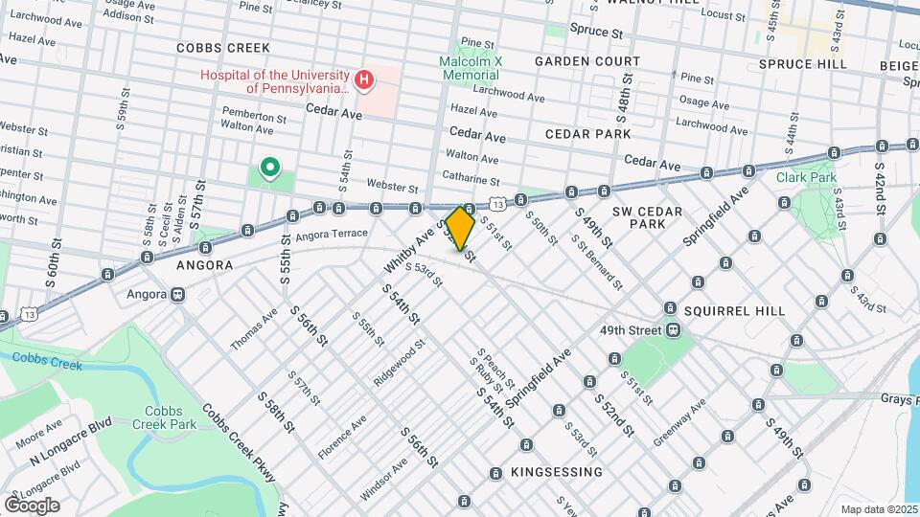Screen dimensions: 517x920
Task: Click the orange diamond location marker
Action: tap(460, 229)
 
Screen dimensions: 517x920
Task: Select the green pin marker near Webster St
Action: tap(270, 169)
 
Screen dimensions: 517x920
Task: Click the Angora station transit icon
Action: tap(177, 295)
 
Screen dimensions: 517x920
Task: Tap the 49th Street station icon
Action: tap(674, 331)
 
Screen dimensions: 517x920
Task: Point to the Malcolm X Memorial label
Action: tap(471, 67)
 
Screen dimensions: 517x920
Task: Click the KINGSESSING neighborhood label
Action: tap(557, 472)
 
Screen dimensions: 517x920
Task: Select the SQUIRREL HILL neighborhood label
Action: tap(735, 311)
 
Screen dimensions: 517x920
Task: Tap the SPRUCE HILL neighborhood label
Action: tap(802, 64)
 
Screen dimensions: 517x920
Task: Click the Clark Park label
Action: tap(806, 177)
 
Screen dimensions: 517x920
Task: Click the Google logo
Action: tap(33, 505)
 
